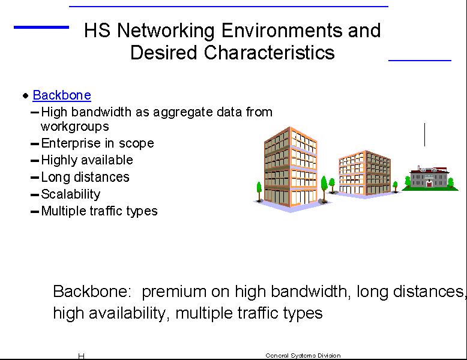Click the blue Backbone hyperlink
[x=62, y=95]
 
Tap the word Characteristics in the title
[x=270, y=52]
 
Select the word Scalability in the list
[x=71, y=194]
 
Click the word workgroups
[x=75, y=127]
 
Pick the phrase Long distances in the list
[x=85, y=177]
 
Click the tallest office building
[x=291, y=168]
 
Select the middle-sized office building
[x=364, y=173]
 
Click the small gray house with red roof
[x=429, y=177]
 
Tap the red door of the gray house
[x=429, y=184]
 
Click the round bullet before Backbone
[x=26, y=95]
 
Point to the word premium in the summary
[x=174, y=292]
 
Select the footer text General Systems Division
[x=303, y=356]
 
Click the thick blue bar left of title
[x=41, y=28]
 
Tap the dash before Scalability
[x=35, y=196]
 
